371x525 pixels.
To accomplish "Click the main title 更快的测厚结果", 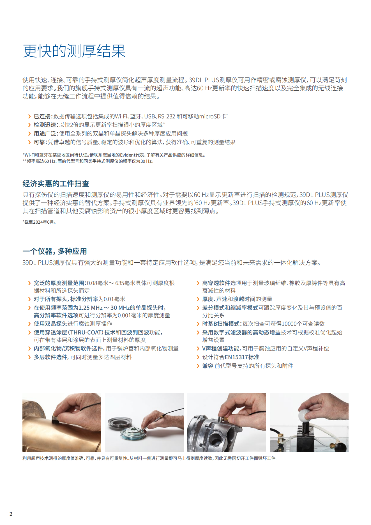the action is (x=74, y=51).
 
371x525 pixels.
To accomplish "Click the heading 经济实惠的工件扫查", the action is (x=56, y=184).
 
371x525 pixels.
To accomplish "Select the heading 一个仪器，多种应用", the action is (x=55, y=251).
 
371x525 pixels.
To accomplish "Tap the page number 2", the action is (x=11, y=514).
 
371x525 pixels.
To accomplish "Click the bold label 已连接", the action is (x=42, y=116).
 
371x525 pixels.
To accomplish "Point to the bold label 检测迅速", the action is (x=45, y=125).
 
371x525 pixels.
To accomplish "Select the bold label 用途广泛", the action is (x=45, y=134).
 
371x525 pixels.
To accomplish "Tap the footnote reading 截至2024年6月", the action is (x=39, y=222).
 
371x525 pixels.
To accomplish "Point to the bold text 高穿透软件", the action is (x=216, y=283).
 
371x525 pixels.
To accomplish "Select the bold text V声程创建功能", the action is (x=221, y=349).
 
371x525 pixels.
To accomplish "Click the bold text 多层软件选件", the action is (x=50, y=357).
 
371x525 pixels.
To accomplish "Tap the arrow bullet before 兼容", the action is (x=198, y=366).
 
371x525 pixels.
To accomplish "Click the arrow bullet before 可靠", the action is (x=29, y=142).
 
